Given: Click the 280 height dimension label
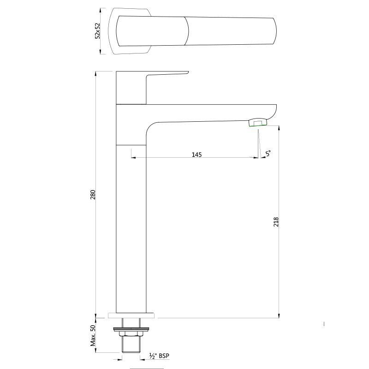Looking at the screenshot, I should coord(93,194).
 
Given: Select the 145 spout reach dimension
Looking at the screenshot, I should coord(197,155).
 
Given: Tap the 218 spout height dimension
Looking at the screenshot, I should coord(276,221).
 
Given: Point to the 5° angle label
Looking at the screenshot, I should coord(268,153).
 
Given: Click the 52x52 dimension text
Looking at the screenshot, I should coord(97,30).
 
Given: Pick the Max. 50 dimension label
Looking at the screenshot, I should coord(93,335).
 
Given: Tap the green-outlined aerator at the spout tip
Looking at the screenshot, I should coord(258,122).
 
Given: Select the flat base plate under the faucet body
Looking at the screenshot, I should coord(131,316).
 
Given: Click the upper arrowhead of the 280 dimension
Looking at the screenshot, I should coord(95,73).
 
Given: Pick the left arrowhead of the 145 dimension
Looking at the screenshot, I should coord(133,157).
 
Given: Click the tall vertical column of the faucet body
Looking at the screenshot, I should coord(131,231).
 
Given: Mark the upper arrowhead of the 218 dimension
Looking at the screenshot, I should coord(279,128).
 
